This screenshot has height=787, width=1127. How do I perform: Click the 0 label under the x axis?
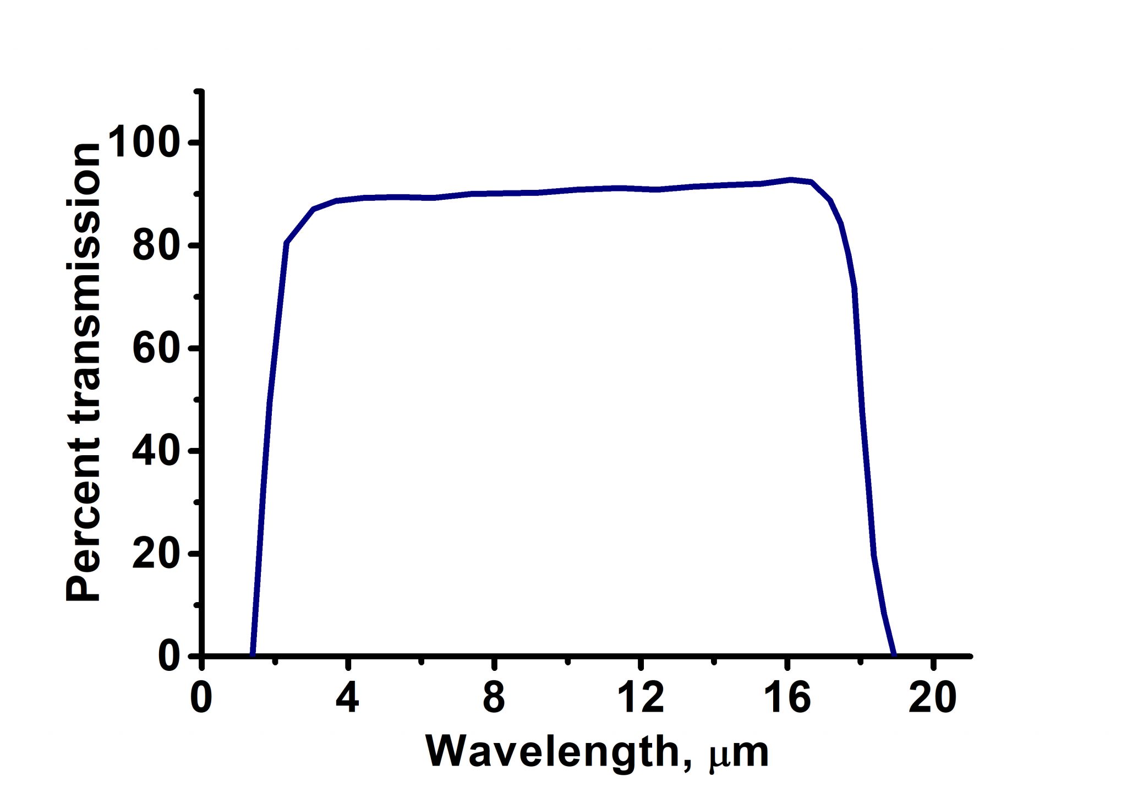tap(201, 697)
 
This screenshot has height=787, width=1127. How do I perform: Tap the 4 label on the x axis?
tap(348, 697)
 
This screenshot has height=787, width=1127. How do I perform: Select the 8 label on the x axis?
tap(494, 697)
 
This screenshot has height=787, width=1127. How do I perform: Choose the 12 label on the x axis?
tap(641, 697)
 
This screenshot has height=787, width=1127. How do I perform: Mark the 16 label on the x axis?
tap(787, 697)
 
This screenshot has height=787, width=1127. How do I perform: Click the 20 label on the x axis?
tap(933, 697)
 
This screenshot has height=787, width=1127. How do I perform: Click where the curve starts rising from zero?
tap(253, 654)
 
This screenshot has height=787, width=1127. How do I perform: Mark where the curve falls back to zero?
tap(894, 654)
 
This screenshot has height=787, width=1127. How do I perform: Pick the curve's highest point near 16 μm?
tap(791, 179)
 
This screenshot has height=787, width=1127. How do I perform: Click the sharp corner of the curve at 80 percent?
tap(286, 243)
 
